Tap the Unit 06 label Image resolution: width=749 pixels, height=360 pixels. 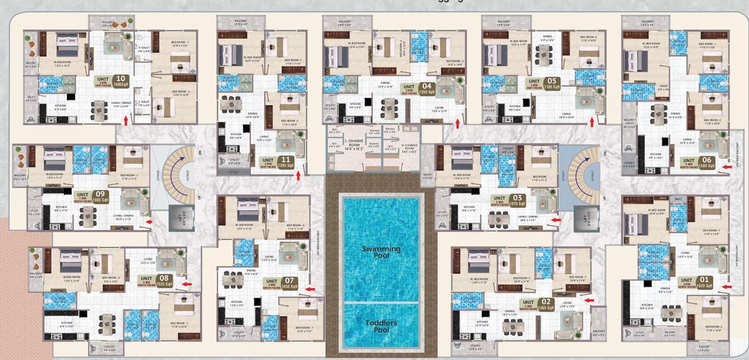[x=697, y=163]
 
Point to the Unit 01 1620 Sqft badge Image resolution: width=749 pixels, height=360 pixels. [x=697, y=283]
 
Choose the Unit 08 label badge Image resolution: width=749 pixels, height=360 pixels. [x=156, y=280]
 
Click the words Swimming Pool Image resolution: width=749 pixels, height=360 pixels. [x=381, y=252]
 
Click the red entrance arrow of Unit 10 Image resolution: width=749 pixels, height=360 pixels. [x=126, y=119]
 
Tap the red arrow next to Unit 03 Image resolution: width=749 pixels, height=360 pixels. [x=555, y=220]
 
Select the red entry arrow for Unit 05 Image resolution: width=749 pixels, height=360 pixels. [x=591, y=121]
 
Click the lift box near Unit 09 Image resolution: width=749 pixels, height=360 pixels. [x=181, y=216]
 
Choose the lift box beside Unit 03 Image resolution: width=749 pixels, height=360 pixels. [x=583, y=216]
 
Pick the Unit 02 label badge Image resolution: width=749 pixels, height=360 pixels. [x=539, y=304]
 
